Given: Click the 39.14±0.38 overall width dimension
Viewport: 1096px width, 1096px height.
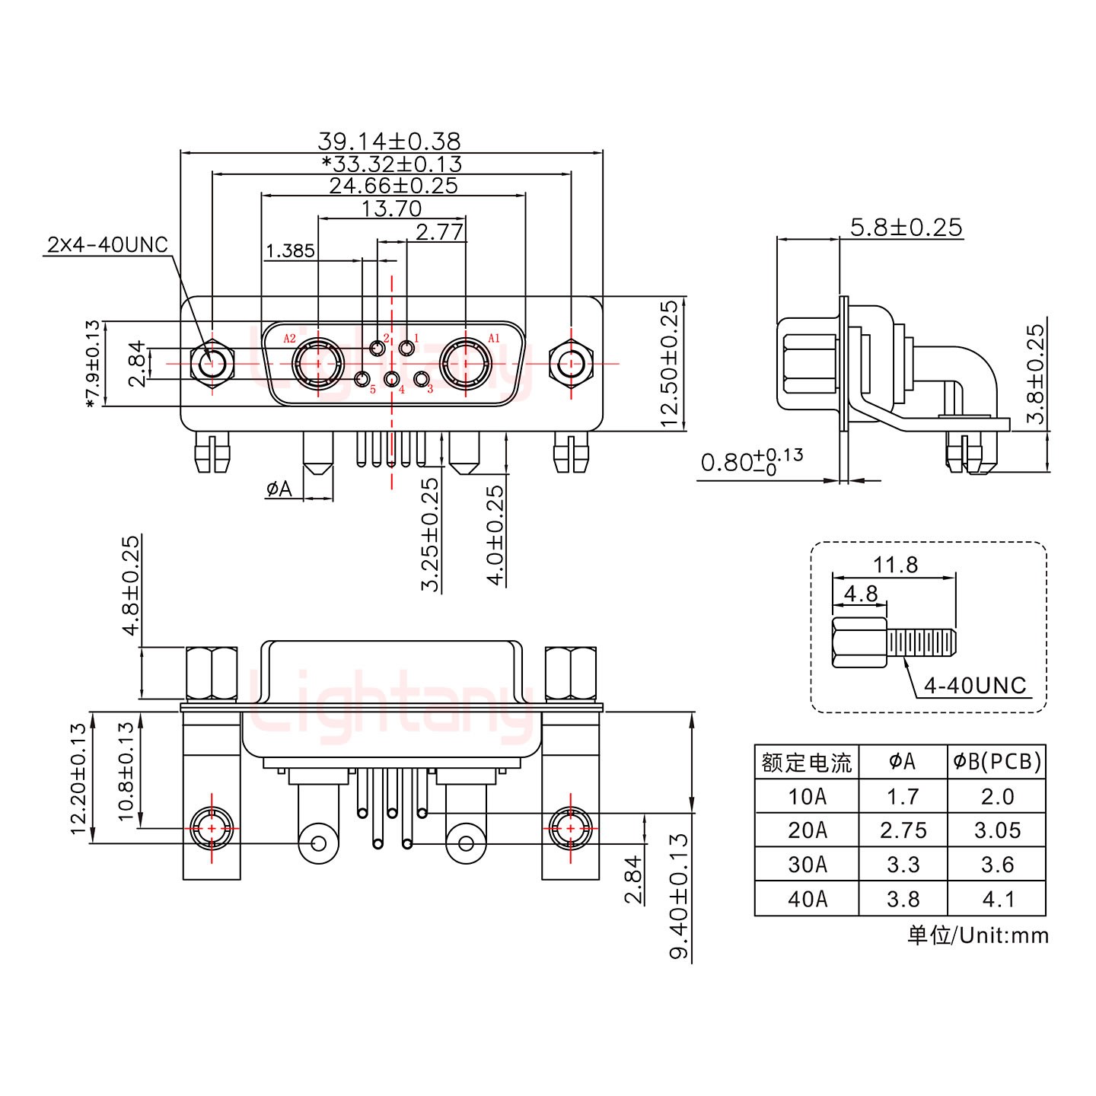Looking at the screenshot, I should coord(389,142).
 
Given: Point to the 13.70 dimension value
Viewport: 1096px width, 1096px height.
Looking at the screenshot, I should coord(391,208).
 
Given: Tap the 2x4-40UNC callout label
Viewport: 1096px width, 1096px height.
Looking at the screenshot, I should coord(107,245).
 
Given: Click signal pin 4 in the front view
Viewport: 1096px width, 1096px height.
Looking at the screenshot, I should coord(392,380).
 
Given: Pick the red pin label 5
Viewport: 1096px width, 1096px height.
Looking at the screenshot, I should coord(373,390).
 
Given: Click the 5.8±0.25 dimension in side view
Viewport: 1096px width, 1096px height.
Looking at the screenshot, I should coord(906,228).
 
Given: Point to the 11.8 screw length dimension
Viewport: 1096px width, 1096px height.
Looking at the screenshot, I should coord(896,565).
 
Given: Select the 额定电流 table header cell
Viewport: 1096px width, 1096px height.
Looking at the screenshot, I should coord(807,762).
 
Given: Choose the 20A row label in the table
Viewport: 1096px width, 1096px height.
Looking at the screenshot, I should coord(807,830).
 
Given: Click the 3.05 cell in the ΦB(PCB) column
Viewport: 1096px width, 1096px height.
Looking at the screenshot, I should coord(997,830).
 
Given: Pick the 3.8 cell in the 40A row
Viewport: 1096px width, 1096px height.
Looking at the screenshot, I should coord(903,899).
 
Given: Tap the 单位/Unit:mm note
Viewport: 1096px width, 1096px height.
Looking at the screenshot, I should coord(977,935).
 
